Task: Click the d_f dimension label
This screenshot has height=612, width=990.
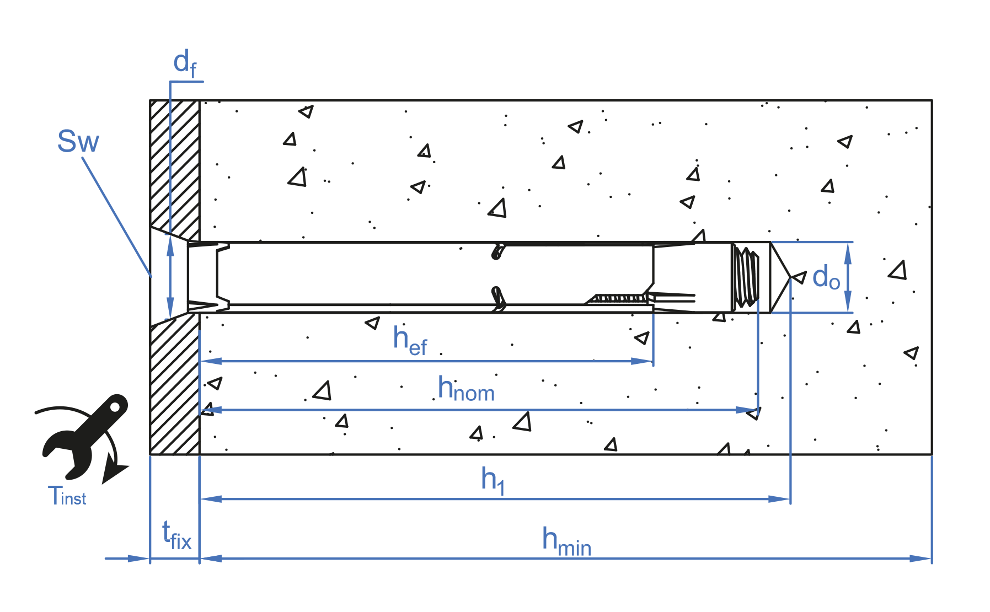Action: [185, 63]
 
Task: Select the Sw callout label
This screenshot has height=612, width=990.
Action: [78, 142]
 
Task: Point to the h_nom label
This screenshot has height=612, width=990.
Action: [465, 389]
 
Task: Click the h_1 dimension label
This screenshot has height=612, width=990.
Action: [493, 480]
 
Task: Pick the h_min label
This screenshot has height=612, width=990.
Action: [566, 540]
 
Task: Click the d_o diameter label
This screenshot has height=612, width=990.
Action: [826, 277]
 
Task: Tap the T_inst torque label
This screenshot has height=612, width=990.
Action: [67, 496]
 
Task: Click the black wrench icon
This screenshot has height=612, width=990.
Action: [85, 436]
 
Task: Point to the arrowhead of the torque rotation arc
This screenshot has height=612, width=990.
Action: [114, 473]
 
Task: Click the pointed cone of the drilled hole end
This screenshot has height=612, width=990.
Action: [780, 277]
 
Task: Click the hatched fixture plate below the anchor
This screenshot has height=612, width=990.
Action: [175, 386]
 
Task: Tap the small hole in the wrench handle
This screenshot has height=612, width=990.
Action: [116, 407]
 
